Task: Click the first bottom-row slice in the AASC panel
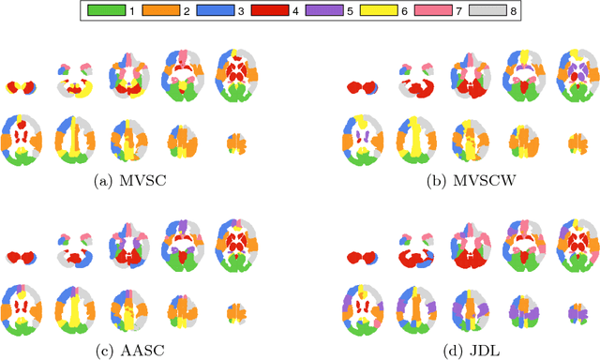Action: (22, 305)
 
